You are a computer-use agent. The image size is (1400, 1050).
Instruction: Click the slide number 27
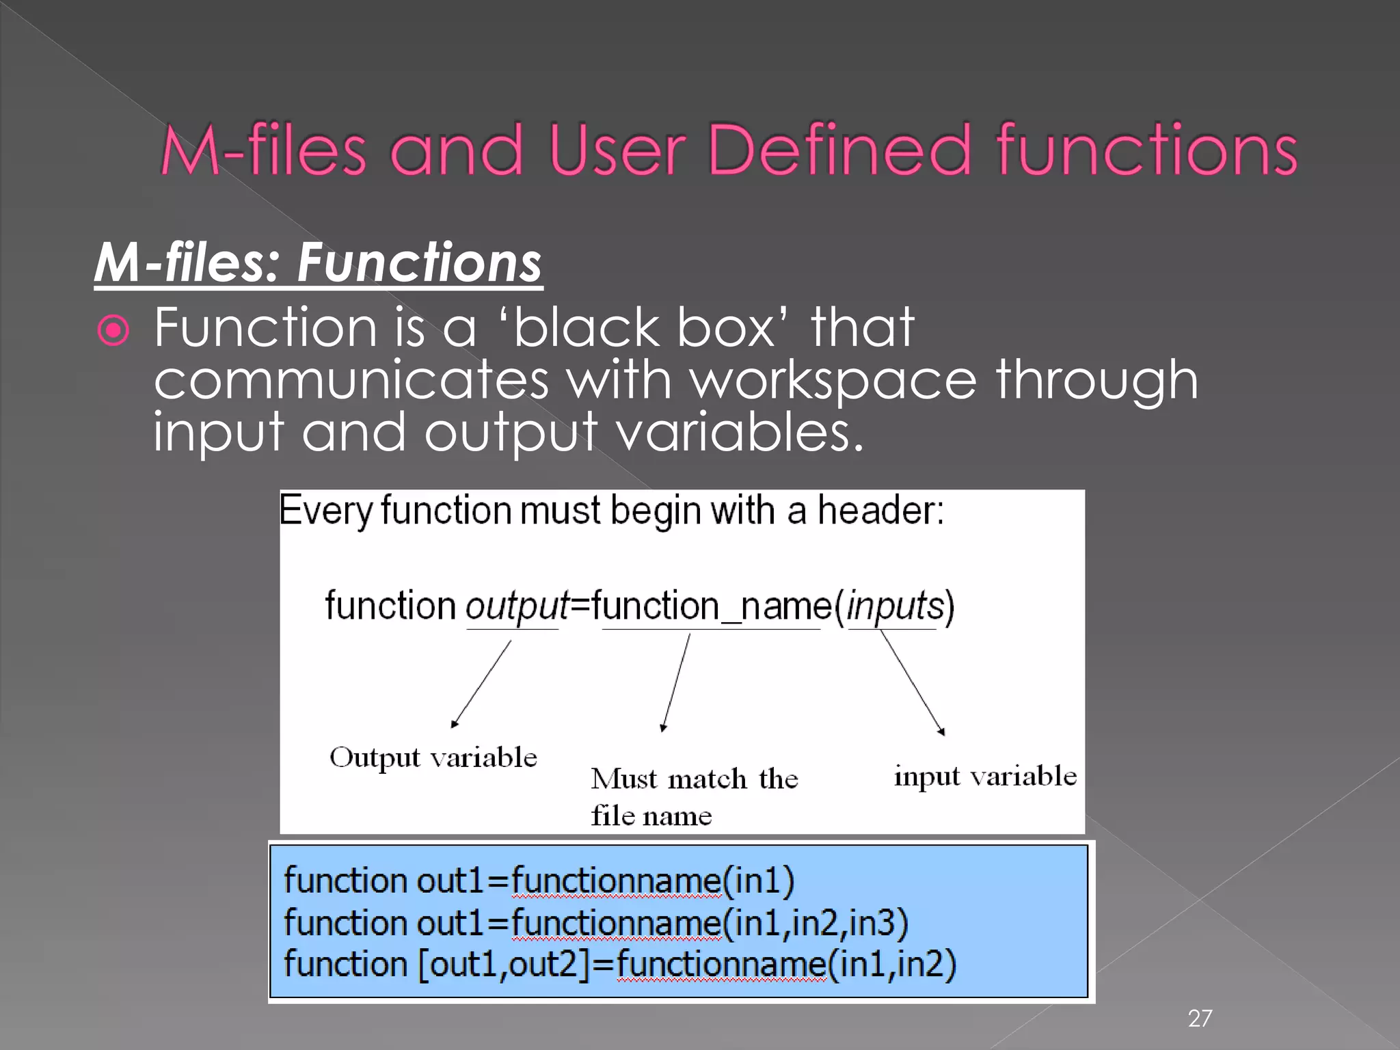(x=1200, y=1019)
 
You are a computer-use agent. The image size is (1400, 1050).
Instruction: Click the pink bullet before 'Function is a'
(x=113, y=331)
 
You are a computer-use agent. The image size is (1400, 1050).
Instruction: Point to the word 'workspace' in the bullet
(x=833, y=380)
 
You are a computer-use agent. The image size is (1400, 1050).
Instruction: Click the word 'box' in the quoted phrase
(x=725, y=328)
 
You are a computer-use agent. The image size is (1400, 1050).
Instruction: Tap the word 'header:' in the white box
(x=881, y=510)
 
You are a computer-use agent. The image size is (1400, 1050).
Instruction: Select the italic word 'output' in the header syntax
(x=517, y=607)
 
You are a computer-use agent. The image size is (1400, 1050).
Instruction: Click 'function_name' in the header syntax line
(x=712, y=607)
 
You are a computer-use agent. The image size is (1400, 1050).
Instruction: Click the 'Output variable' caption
(x=433, y=757)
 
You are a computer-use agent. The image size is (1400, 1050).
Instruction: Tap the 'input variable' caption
(x=985, y=777)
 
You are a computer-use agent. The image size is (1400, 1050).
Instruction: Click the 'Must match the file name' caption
(x=694, y=796)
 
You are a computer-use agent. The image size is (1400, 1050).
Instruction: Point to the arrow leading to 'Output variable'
(x=481, y=684)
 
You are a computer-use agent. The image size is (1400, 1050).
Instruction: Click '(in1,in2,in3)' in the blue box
(x=816, y=923)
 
